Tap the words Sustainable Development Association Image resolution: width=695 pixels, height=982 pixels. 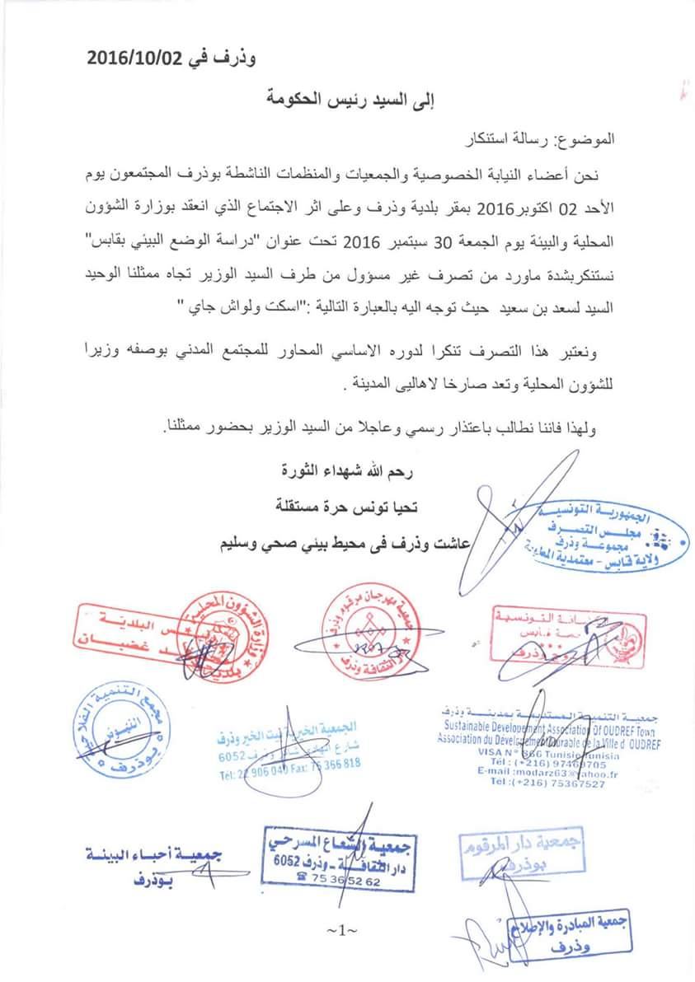(x=503, y=727)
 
